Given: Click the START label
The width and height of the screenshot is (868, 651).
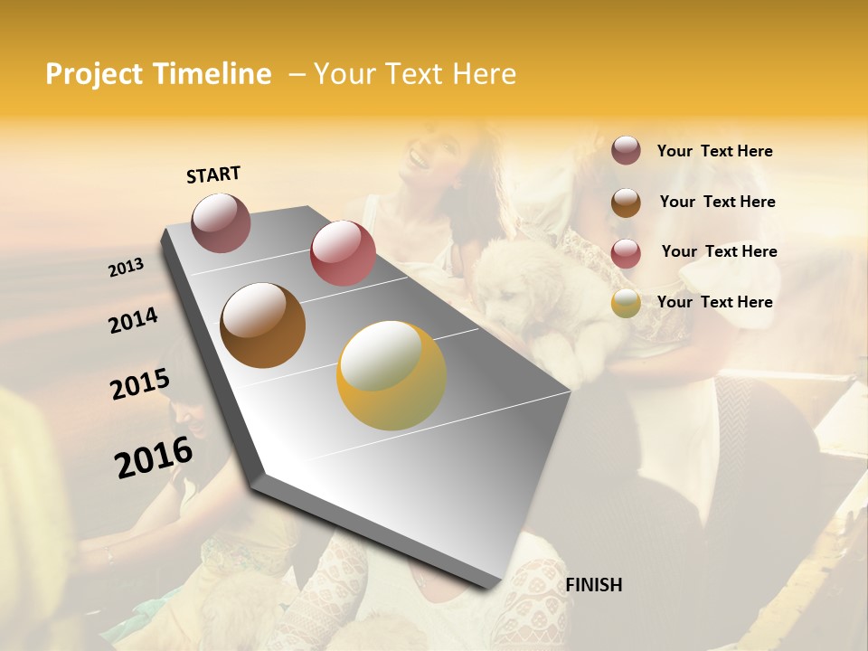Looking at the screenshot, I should (x=213, y=175).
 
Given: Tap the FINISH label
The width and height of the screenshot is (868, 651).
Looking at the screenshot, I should (x=593, y=585).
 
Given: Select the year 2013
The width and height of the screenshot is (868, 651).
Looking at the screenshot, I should (x=127, y=267).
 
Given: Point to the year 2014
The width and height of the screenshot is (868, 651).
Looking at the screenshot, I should (x=133, y=320).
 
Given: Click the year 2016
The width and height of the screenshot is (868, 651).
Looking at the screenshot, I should (x=154, y=458).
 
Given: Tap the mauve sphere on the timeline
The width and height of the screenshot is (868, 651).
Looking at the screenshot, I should (x=222, y=222).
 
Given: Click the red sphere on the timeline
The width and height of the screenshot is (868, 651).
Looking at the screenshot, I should (x=343, y=253).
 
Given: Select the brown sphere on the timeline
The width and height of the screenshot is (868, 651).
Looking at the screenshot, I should (x=262, y=325).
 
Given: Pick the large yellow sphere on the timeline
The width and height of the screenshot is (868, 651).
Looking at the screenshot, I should (x=392, y=375).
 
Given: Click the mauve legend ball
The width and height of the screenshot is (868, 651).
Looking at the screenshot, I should (x=626, y=151).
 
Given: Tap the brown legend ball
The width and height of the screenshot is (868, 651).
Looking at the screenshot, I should (x=626, y=203).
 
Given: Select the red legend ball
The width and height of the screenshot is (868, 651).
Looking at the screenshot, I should (x=626, y=253).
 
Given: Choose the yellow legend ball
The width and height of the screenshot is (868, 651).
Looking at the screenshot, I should (x=626, y=304).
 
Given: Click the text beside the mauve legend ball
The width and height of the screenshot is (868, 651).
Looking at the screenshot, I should (x=714, y=151).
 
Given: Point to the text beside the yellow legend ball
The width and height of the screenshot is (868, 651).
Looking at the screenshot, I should (x=714, y=302).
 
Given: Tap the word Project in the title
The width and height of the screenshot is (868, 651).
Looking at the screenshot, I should (x=93, y=74).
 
